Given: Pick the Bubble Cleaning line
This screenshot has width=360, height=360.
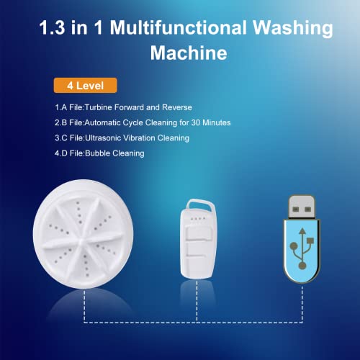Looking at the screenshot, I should [x=99, y=152].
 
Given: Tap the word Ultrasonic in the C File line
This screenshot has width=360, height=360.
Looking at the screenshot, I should [x=105, y=138].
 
